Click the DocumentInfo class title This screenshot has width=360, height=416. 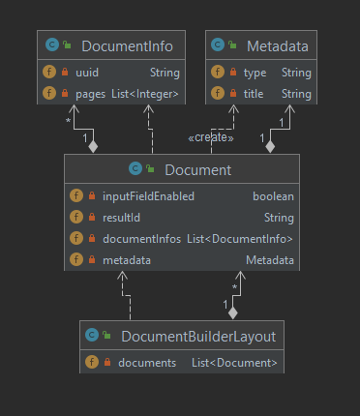[x=127, y=46]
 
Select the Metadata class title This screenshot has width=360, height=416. [x=278, y=46]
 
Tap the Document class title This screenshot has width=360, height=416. [x=198, y=170]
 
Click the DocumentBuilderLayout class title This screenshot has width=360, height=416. [x=198, y=337]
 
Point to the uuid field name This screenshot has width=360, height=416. [x=87, y=73]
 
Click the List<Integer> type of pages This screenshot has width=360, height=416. [x=145, y=94]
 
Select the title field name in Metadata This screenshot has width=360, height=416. [x=254, y=94]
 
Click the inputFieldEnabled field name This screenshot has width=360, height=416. [x=148, y=196]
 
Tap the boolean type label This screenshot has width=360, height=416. [x=273, y=196]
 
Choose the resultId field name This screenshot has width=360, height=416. [x=121, y=218]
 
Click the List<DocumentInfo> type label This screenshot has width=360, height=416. [x=240, y=239]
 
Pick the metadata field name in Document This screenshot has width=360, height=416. [x=127, y=260]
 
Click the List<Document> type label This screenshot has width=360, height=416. [x=234, y=363]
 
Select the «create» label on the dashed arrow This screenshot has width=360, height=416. [x=211, y=137]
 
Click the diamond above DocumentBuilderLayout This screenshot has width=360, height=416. [x=233, y=312]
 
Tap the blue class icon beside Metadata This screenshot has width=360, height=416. [x=218, y=45]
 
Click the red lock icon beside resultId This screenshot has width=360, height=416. [x=92, y=217]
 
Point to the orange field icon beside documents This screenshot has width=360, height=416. [x=92, y=362]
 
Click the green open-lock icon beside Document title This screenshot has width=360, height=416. [x=150, y=168]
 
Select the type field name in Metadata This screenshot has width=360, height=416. [x=255, y=73]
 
